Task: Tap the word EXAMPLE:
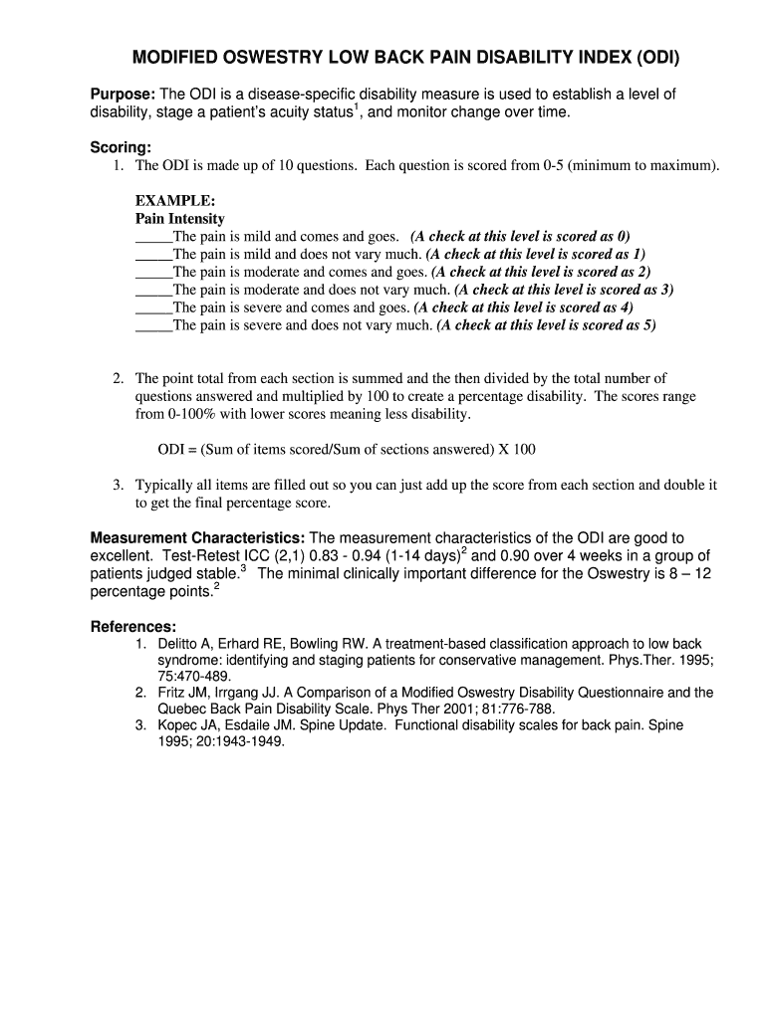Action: [x=175, y=201]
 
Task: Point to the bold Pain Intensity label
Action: [x=180, y=219]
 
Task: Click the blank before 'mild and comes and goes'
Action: [x=153, y=237]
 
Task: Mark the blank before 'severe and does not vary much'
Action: [x=153, y=325]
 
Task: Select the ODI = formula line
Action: [x=347, y=450]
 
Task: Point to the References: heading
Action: [x=133, y=627]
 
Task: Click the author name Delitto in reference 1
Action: [x=178, y=645]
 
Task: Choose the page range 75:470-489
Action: [x=194, y=676]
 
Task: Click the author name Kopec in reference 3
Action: [x=176, y=725]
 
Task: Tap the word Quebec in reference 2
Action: [x=181, y=710]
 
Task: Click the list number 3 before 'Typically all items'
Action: [x=117, y=486]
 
